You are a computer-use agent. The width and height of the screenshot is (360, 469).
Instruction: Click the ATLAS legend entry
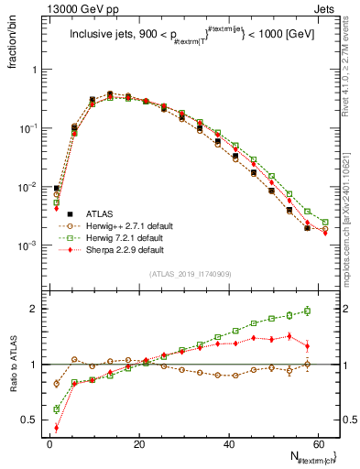tap(97, 213)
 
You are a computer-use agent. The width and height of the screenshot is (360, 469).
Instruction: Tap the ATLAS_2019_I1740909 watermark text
tap(191, 274)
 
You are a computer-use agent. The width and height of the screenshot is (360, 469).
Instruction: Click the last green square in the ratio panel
tap(307, 311)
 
